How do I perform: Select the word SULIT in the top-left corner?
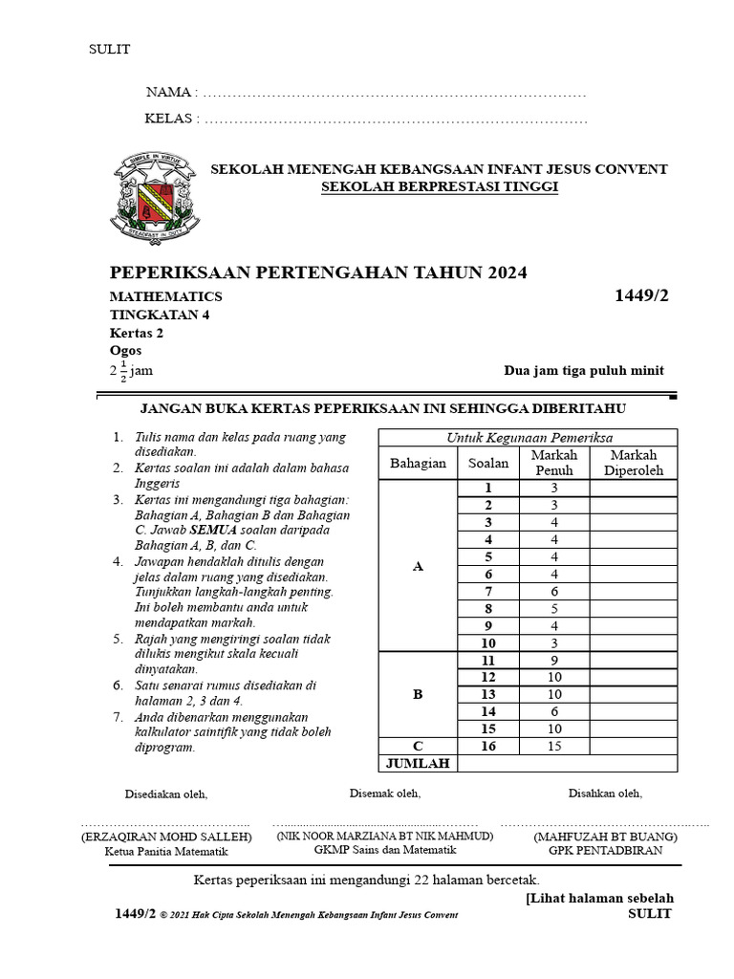[109, 50]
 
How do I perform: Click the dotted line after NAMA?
[394, 94]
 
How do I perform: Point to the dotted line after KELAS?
[396, 120]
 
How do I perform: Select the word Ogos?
[125, 351]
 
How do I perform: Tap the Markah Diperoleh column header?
[634, 463]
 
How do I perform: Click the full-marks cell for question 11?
[553, 660]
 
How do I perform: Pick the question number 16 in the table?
[487, 746]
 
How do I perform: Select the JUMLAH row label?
[417, 763]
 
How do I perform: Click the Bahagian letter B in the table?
[417, 694]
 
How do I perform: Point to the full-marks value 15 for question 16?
[553, 746]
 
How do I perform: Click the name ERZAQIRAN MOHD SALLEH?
[166, 837]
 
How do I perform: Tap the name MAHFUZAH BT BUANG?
[605, 837]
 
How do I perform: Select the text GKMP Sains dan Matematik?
[384, 849]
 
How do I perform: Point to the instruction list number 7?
[118, 717]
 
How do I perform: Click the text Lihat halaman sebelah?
[600, 898]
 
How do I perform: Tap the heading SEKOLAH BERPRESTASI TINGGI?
[439, 186]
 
